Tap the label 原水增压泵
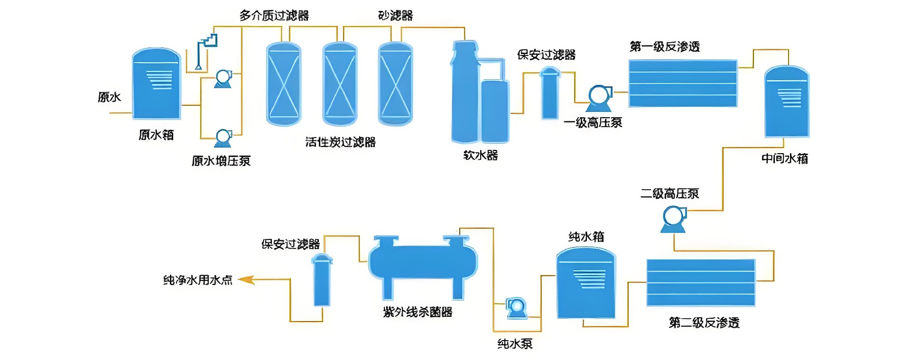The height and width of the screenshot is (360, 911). click(x=221, y=161)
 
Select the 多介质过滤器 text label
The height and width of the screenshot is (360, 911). click(x=274, y=16)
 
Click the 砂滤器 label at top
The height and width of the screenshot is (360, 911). click(x=395, y=16)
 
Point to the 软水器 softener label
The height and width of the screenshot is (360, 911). click(x=481, y=155)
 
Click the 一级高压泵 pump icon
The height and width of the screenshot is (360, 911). click(x=600, y=98)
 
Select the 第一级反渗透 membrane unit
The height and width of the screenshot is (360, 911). click(x=683, y=83)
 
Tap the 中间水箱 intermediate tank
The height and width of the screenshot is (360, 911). click(x=787, y=102)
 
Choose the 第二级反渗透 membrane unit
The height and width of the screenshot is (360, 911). click(x=701, y=283)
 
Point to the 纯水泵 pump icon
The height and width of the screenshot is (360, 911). click(x=516, y=307)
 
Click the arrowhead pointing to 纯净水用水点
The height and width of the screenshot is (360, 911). click(x=246, y=280)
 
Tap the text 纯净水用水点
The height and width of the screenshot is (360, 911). click(x=198, y=280)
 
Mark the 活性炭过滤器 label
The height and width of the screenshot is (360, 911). click(x=340, y=142)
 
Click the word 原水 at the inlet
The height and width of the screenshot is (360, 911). click(x=109, y=97)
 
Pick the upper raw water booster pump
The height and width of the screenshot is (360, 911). click(x=223, y=79)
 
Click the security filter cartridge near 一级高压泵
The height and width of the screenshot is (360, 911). click(x=550, y=93)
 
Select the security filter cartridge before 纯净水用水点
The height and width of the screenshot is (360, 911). click(x=322, y=280)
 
